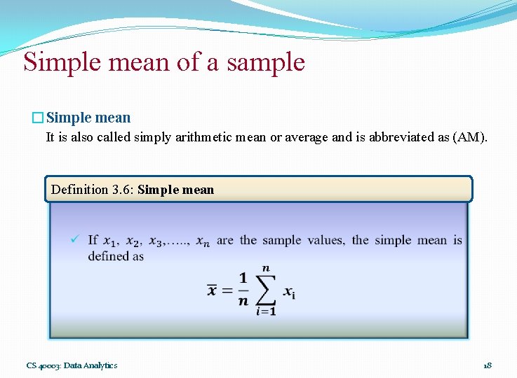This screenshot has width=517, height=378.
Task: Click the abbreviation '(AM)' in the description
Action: click(469, 137)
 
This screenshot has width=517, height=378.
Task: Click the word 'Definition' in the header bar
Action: click(80, 190)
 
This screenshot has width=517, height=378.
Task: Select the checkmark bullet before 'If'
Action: click(74, 240)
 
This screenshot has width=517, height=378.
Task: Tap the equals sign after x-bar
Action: click(227, 290)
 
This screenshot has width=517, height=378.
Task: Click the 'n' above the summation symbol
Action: click(266, 268)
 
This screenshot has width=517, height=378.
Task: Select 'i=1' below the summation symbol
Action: click(266, 311)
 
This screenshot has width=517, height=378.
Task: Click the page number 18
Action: click(488, 365)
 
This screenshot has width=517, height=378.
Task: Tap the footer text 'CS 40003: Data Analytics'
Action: click(72, 365)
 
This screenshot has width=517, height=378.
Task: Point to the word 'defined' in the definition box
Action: click(107, 256)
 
